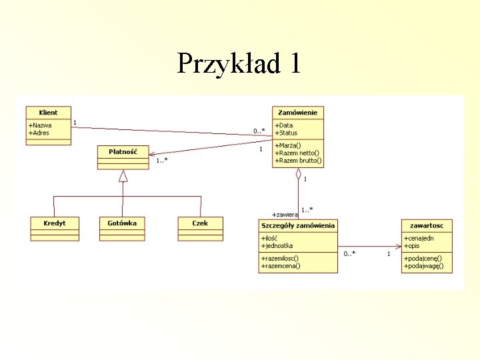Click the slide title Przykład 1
click(239, 63)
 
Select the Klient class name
click(48, 113)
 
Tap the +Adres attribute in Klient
click(39, 133)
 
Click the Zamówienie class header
click(297, 113)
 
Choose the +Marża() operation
click(289, 145)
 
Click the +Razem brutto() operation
click(298, 161)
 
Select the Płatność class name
click(123, 151)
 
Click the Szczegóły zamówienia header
click(298, 225)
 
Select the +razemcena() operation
click(281, 266)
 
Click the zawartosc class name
click(427, 225)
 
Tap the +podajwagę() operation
click(423, 266)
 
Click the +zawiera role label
click(285, 214)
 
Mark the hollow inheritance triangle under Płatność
click(123, 176)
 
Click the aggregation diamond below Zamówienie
click(299, 175)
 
